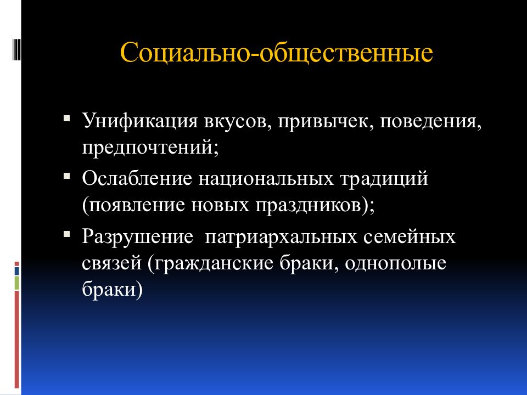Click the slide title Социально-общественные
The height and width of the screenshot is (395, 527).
277,55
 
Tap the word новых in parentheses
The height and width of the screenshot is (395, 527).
221,207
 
